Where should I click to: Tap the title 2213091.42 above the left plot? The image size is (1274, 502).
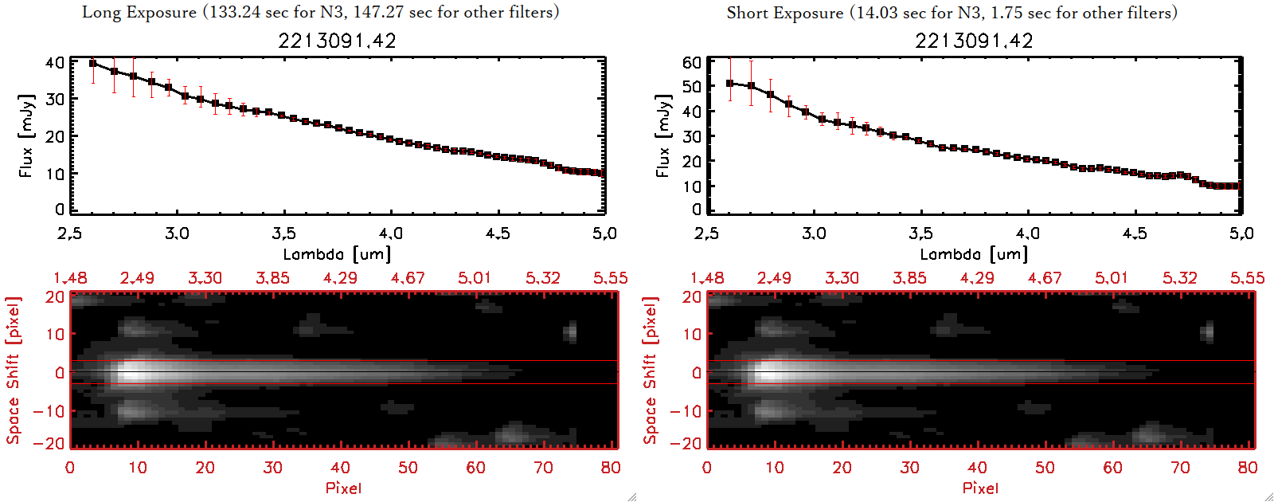(337, 41)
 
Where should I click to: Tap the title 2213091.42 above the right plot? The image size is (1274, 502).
(974, 41)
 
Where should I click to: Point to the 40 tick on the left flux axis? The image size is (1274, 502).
(55, 62)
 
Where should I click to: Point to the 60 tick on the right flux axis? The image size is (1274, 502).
(692, 62)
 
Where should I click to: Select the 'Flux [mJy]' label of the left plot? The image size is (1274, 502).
(26, 135)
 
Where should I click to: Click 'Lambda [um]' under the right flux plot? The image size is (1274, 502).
(974, 254)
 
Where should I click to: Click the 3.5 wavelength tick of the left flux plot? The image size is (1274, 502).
(283, 233)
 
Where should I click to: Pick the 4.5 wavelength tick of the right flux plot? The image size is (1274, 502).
(1135, 233)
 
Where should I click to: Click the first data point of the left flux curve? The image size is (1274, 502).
(93, 64)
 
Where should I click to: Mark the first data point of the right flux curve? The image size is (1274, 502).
(730, 83)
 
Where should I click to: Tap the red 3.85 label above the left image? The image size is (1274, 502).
(272, 278)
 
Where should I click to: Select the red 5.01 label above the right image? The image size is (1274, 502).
(1112, 278)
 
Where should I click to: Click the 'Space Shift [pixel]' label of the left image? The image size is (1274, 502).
(13, 371)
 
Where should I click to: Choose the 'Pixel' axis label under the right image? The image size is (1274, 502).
(980, 488)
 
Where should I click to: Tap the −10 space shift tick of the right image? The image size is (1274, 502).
(686, 411)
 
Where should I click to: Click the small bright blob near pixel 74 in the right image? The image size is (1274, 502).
(1207, 331)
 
